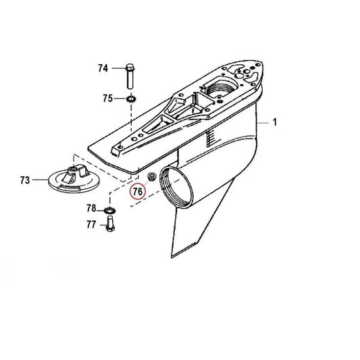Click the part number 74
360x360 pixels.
tap(103, 68)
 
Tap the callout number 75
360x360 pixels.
tap(108, 99)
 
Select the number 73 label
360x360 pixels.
tap(25, 180)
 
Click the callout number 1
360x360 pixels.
tap(275, 122)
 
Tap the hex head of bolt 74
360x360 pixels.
tap(128, 67)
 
